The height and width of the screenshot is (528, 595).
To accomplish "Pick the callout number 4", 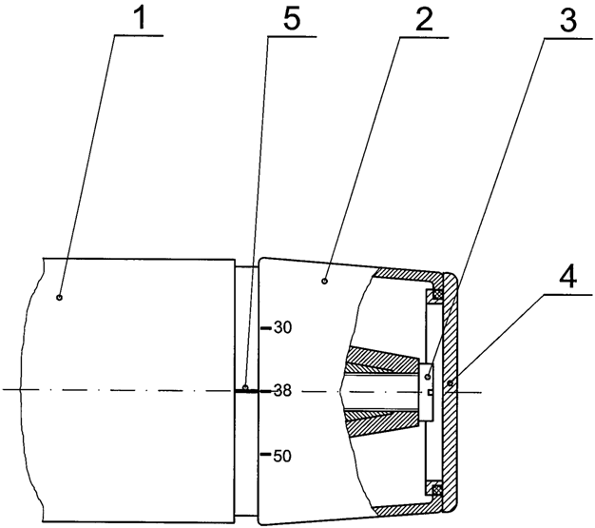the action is click(567, 275).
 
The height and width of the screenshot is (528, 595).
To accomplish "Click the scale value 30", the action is click(282, 327).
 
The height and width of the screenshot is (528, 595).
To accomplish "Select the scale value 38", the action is click(282, 390).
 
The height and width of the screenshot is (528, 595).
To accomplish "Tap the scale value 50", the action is click(282, 456).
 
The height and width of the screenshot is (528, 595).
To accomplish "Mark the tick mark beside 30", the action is click(266, 328).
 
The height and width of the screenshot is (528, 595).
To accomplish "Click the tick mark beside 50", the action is click(266, 454).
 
